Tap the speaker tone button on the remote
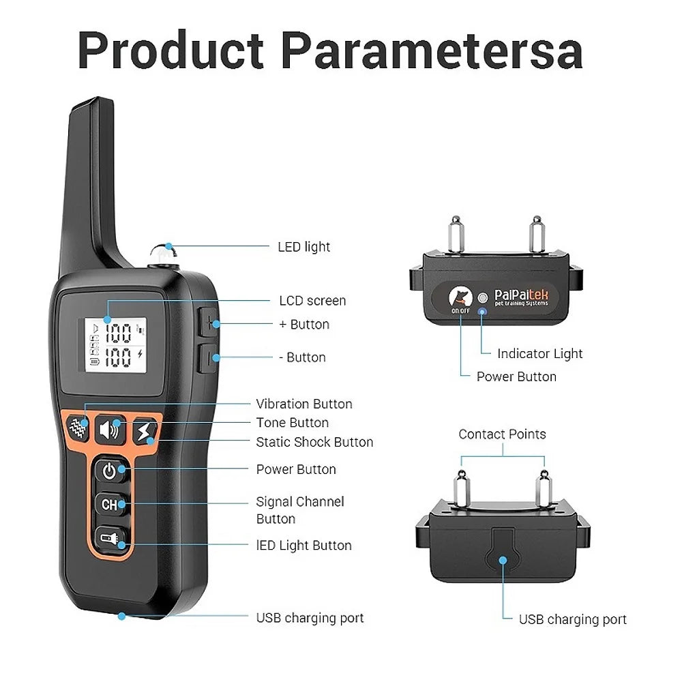coord(110,430)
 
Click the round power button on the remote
coord(110,470)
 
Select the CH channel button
coord(110,505)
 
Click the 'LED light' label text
coord(303,247)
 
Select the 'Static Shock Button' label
coord(314,442)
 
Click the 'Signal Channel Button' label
coord(300,510)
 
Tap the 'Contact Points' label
coord(502,434)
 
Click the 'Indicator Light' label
coord(539,353)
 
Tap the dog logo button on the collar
coord(460,297)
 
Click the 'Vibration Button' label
coord(304,404)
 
